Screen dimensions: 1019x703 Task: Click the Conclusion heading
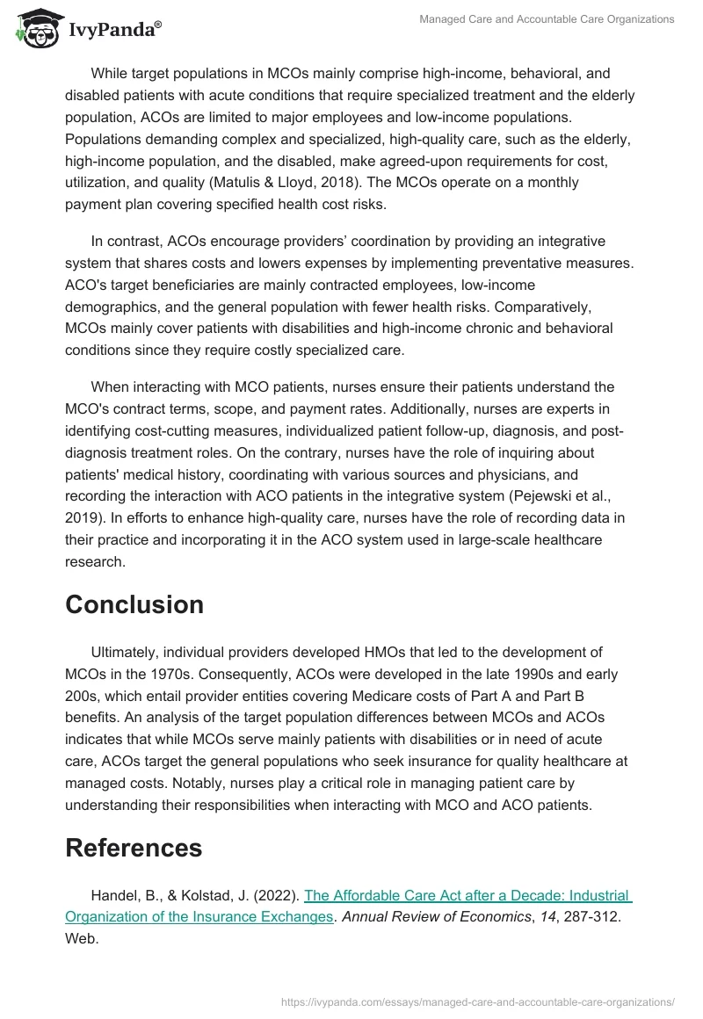coord(134,604)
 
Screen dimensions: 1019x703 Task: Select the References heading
coord(134,848)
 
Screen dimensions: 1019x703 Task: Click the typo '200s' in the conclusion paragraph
coord(80,696)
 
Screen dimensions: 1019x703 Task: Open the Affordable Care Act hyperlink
coord(467,896)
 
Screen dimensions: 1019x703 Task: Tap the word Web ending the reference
coord(81,939)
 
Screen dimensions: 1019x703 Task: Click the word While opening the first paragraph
coord(110,74)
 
